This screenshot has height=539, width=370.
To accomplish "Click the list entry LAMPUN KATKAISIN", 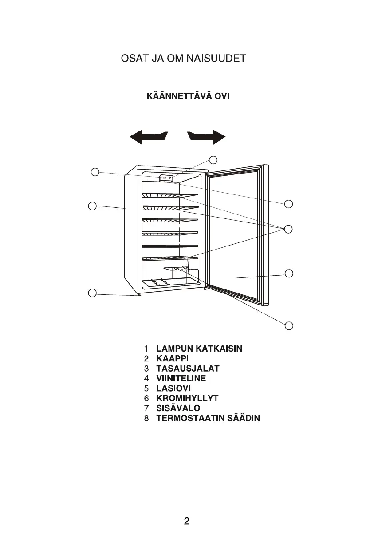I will (199, 349).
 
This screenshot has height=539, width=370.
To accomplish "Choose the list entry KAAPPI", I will (173, 359).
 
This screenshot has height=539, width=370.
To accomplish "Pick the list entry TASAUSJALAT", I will (188, 369).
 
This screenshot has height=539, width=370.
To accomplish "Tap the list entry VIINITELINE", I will (181, 379).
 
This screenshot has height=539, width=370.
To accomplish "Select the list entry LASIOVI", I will (173, 388).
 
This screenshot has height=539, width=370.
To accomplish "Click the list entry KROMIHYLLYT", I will (187, 398).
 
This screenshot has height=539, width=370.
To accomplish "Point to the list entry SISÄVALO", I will (178, 408).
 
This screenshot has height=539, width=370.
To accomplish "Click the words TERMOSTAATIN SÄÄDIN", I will (208, 418).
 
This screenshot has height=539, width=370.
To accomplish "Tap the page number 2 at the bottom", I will (187, 521).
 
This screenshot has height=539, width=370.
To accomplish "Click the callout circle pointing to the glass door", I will (289, 273).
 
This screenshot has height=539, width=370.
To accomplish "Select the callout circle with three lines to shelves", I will (289, 229).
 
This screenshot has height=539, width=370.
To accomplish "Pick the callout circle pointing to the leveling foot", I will (92, 293).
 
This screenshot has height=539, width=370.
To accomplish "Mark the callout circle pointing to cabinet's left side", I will (92, 206).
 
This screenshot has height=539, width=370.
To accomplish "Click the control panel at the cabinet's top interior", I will (166, 178).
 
